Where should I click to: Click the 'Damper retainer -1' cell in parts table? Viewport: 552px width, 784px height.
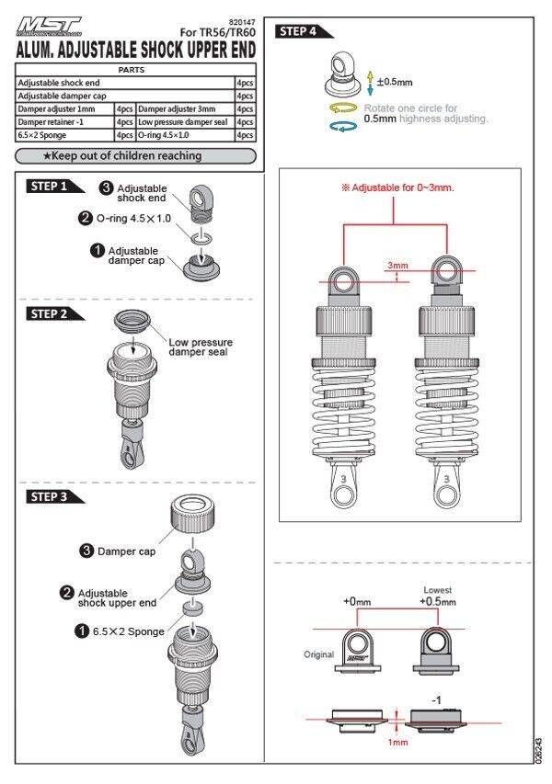64,122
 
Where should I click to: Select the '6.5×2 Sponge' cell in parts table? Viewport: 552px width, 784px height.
64,135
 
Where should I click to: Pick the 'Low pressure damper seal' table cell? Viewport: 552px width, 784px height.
186,122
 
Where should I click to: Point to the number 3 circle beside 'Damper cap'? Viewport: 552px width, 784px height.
86,551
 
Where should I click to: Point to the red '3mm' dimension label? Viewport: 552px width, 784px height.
397,266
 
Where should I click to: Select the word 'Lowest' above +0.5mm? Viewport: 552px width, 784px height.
438,589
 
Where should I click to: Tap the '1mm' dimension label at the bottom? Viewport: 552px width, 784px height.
397,741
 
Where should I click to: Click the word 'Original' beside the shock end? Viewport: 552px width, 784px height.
318,654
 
